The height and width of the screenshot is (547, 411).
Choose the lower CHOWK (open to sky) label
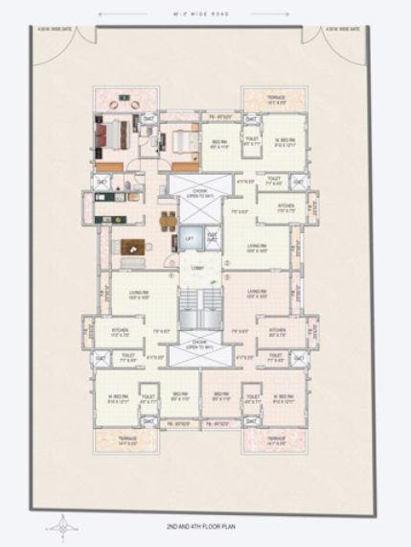(x=200, y=343)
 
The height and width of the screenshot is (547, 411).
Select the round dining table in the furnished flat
(x=168, y=218)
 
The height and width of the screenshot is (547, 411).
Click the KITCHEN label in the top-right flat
(x=285, y=206)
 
